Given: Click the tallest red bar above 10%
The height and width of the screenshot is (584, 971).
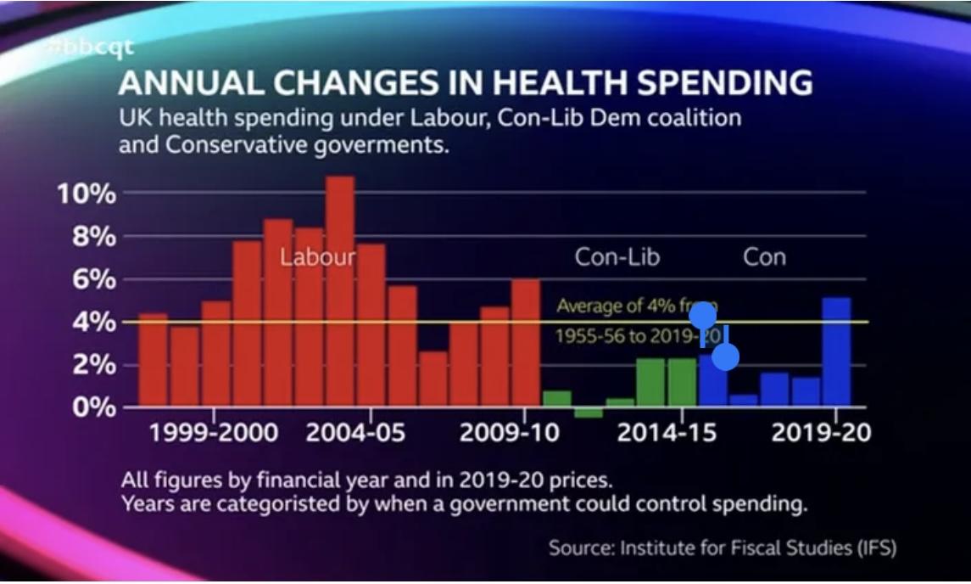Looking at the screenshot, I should [340, 289].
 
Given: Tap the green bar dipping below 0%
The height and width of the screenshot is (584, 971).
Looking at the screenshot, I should [588, 413].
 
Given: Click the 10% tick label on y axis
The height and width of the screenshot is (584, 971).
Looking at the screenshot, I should [86, 194].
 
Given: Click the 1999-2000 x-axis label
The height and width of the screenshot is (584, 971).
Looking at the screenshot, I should [214, 432].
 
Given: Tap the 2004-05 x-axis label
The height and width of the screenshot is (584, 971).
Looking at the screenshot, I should [355, 432].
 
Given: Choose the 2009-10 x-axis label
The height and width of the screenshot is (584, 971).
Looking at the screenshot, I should [510, 432].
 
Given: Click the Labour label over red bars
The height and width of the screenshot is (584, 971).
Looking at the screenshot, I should [318, 256].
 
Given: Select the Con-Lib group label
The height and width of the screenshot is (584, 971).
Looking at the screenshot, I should [617, 256].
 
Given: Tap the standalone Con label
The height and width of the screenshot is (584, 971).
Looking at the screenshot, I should [764, 256].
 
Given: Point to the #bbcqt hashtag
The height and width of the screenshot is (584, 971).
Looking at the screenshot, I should [91, 47].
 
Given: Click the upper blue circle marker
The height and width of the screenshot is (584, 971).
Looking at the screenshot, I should [703, 315].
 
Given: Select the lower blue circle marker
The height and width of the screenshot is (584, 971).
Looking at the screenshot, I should [726, 357].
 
